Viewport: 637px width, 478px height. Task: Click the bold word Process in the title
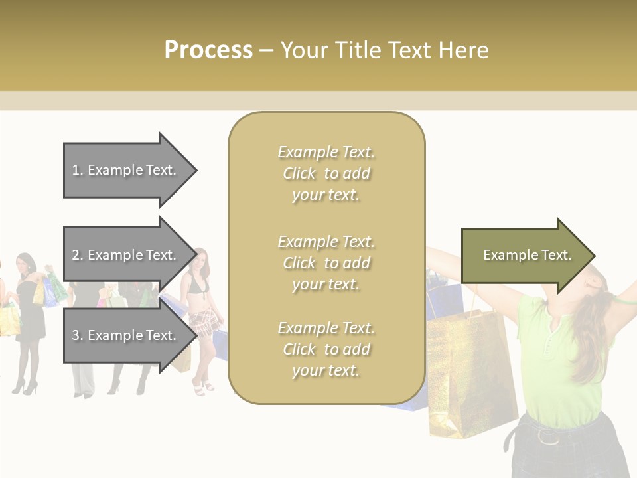click(x=208, y=50)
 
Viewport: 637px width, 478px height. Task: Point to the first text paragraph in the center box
click(x=326, y=173)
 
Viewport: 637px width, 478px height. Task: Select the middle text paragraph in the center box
click(x=326, y=263)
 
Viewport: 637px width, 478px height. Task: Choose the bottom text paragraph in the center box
click(x=326, y=349)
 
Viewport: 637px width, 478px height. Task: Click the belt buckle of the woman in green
click(x=548, y=436)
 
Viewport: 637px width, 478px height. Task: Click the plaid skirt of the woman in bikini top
click(x=203, y=323)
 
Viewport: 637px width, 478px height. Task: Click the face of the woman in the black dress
click(x=25, y=264)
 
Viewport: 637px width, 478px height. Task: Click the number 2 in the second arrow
click(x=76, y=255)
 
